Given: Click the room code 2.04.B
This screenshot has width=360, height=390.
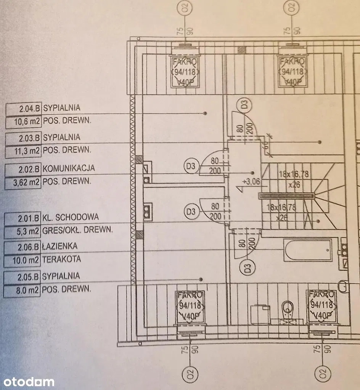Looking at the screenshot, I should tap(29, 108).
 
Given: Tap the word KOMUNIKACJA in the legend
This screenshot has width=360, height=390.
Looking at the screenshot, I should tap(69, 168).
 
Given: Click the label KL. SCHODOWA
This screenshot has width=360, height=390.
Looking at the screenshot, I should tap(71, 217).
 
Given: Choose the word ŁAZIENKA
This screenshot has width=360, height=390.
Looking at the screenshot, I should tap(59, 246).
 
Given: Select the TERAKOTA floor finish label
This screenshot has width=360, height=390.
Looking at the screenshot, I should tap(62, 259).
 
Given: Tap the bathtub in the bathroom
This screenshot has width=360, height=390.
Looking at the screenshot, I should tap(307, 250).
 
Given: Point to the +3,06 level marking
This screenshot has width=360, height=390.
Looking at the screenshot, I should tap(251, 182).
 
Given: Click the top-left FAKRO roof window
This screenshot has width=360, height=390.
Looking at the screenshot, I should tap(185, 72).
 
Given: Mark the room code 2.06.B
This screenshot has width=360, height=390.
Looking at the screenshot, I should tap(29, 246).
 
